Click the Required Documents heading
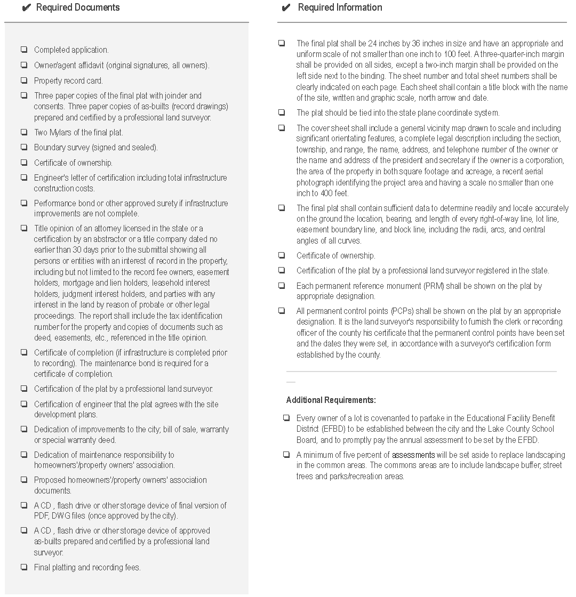pyautogui.click(x=78, y=7)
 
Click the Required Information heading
pyautogui.click(x=340, y=7)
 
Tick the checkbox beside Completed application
pyautogui.click(x=24, y=50)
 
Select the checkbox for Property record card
pyautogui.click(x=24, y=80)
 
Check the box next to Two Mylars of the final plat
pyautogui.click(x=24, y=132)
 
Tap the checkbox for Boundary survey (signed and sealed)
pyautogui.click(x=24, y=147)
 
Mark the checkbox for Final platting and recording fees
pyautogui.click(x=24, y=567)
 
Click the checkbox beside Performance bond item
pyautogui.click(x=24, y=203)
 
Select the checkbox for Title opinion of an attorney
pyautogui.click(x=24, y=228)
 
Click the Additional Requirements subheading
pyautogui.click(x=331, y=400)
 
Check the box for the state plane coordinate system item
pyautogui.click(x=282, y=112)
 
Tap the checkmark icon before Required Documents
pyautogui.click(x=27, y=8)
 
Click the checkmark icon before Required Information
pyautogui.click(x=286, y=8)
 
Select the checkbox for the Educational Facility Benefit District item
pyautogui.click(x=286, y=418)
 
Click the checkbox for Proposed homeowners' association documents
pyautogui.click(x=24, y=480)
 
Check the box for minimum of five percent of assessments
pyautogui.click(x=286, y=455)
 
